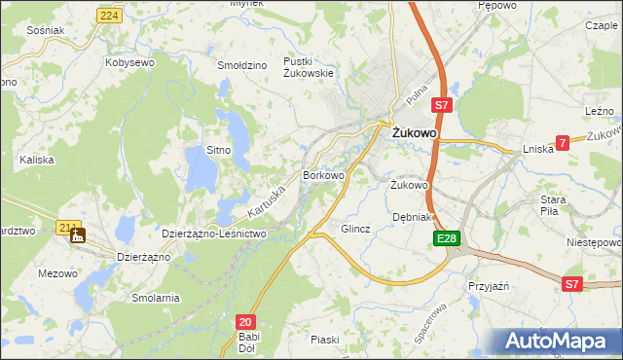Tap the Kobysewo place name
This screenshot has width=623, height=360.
(x=130, y=62)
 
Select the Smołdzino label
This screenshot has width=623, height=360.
(x=242, y=65)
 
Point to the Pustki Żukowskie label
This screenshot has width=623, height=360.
(x=309, y=67)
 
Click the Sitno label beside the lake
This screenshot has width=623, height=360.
(x=218, y=150)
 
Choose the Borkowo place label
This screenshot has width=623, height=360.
(x=324, y=176)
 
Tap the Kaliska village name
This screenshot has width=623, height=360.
(x=35, y=157)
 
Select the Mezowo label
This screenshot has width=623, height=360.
(x=57, y=273)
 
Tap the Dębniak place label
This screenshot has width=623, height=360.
(x=411, y=217)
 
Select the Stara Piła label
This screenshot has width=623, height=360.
(x=554, y=205)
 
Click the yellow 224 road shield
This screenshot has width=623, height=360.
(x=109, y=17)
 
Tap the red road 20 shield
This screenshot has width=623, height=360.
(x=245, y=321)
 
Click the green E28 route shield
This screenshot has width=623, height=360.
(x=447, y=238)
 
